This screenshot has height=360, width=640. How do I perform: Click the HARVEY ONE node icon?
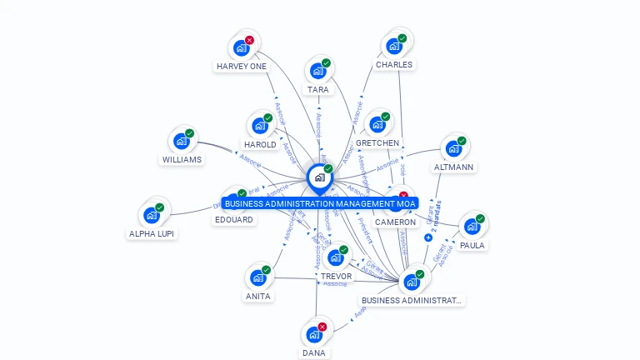(242, 48)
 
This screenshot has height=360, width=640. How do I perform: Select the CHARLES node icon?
(394, 46)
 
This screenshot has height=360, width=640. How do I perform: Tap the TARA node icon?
(318, 71)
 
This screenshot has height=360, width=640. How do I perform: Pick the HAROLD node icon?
(260, 126)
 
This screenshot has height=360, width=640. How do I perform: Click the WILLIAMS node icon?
(182, 141)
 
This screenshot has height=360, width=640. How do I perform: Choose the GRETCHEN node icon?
(377, 125)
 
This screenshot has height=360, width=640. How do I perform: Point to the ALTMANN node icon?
(454, 148)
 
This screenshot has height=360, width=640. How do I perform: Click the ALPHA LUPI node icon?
(152, 215)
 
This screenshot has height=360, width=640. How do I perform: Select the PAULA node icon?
(472, 227)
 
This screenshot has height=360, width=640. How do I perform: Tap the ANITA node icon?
(258, 277)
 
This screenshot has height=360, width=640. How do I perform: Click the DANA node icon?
(314, 334)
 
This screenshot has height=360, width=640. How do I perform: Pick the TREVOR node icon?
(336, 257)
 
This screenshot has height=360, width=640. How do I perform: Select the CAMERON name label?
(395, 222)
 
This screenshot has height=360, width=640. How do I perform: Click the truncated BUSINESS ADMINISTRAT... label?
(412, 300)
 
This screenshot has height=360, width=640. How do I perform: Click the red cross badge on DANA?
(322, 327)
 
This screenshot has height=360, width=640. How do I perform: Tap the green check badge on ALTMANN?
(462, 141)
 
